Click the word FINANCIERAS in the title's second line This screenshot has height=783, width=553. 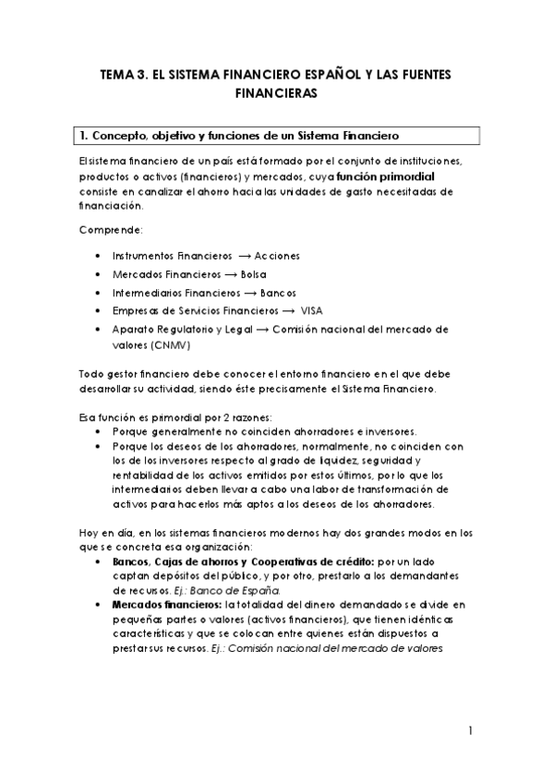(276, 93)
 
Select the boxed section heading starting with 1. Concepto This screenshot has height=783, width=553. (278, 136)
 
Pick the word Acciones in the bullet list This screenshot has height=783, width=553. (278, 255)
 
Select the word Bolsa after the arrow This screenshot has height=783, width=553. (252, 274)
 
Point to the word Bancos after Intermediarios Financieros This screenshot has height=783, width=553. (278, 293)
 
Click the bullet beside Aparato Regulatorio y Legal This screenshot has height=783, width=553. (99, 329)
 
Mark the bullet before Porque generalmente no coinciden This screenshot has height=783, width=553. (99, 431)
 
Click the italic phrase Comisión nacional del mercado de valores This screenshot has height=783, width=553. (355, 647)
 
